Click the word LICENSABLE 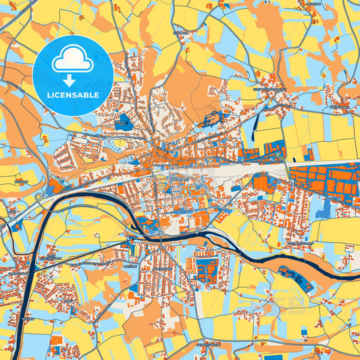pyautogui.click(x=72, y=95)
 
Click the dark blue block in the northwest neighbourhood pyautogui.click(x=124, y=122)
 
